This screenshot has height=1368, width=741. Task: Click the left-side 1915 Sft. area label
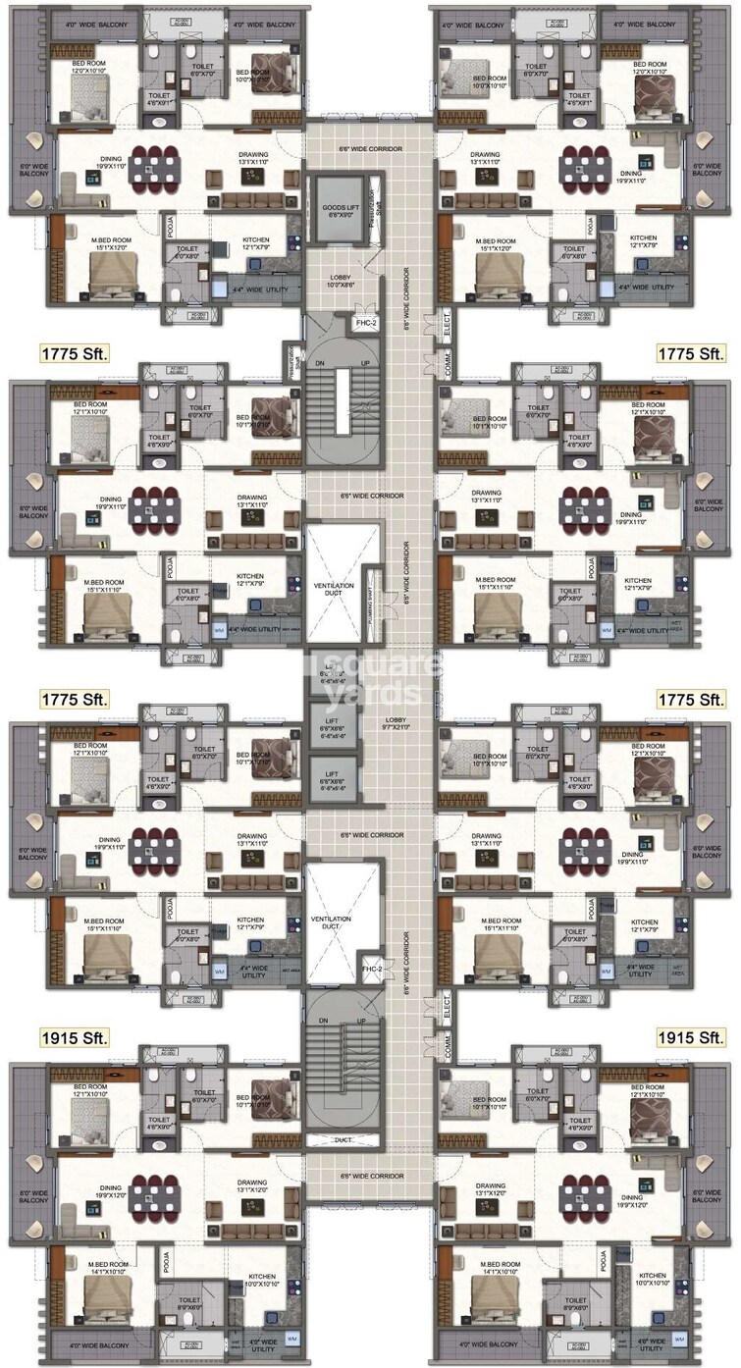[75, 1037]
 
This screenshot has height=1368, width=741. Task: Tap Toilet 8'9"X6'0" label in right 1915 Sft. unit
[574, 1306]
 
